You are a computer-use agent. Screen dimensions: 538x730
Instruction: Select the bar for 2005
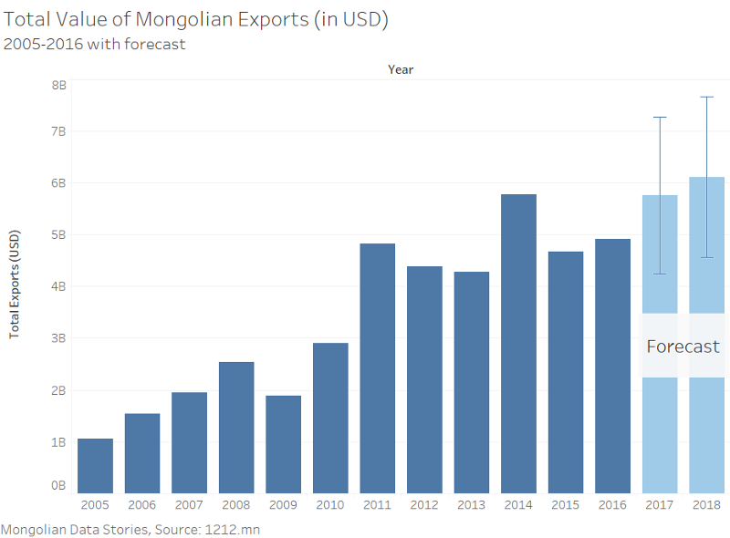(x=96, y=466)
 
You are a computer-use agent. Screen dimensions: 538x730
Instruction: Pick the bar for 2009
(x=283, y=444)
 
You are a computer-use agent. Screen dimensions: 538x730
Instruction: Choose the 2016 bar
(x=612, y=366)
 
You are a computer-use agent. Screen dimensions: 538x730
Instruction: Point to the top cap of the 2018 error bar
(x=707, y=97)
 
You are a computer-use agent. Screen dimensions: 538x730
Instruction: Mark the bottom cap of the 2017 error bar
(x=660, y=274)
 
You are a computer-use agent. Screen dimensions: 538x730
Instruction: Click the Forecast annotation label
(x=683, y=347)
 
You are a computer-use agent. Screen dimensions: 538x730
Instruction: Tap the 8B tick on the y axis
(x=58, y=85)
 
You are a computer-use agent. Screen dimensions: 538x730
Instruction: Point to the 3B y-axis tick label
(x=58, y=338)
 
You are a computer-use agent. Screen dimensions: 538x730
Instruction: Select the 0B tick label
(x=58, y=486)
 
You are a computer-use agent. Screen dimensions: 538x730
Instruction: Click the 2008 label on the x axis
(x=236, y=504)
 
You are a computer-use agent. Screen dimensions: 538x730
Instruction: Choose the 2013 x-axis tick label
(x=471, y=504)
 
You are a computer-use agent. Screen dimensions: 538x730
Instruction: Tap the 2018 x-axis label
(x=706, y=504)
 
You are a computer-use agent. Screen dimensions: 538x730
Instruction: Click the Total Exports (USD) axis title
(x=16, y=283)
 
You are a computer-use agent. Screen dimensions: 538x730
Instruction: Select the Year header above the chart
(x=401, y=69)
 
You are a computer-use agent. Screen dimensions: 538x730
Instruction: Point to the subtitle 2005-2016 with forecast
(x=95, y=44)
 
